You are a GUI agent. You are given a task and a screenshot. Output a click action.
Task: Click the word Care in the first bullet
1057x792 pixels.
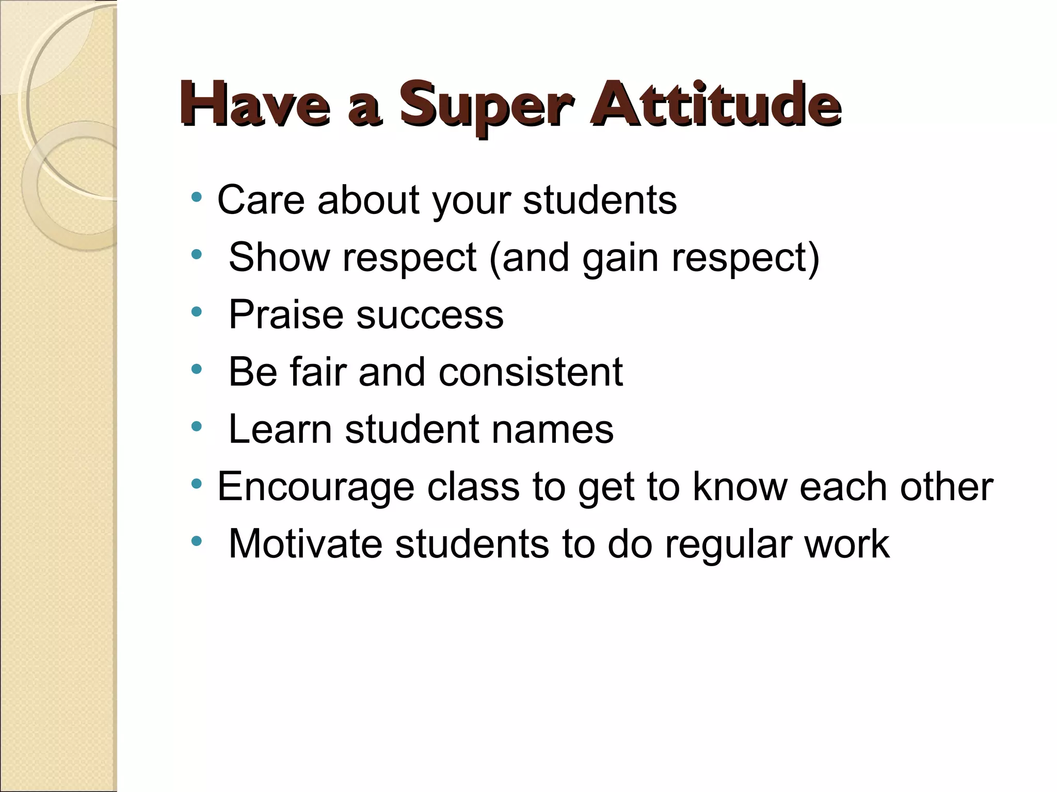(261, 200)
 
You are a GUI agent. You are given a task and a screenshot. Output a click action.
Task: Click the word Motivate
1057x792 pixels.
(306, 544)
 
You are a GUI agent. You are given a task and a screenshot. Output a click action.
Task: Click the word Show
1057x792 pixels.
(279, 257)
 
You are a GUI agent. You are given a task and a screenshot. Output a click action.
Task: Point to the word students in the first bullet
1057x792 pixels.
(600, 200)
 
